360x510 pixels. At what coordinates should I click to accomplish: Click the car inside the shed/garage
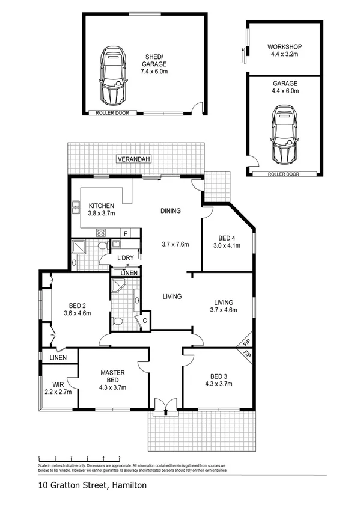click(112, 75)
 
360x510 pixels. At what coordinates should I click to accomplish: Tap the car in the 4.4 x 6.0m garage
click(283, 135)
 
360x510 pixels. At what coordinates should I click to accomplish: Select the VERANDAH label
click(133, 159)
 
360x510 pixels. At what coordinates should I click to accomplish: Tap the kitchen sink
click(76, 208)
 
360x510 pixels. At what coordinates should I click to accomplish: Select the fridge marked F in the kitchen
click(125, 233)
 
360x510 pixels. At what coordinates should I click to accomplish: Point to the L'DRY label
click(125, 258)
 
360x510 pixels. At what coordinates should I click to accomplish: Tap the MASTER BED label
click(112, 376)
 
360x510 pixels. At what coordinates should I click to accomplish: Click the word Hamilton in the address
click(128, 485)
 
